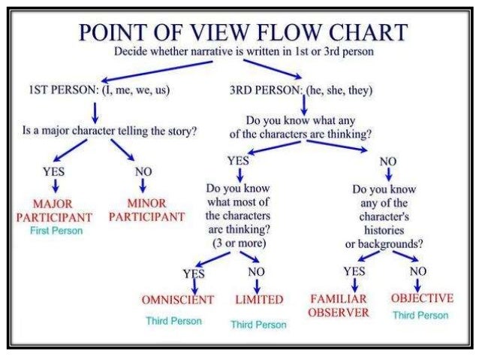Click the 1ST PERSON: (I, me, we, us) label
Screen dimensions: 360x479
pos(95,90)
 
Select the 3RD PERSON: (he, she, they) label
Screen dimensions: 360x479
pos(302,90)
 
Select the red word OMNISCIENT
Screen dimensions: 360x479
pos(178,299)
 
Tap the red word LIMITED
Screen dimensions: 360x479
pos(258,299)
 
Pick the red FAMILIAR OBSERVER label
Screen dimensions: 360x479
pos(339,305)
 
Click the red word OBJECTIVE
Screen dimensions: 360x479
pos(422,298)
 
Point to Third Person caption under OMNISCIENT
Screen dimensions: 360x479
pos(173,321)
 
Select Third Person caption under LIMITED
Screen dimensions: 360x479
pos(258,324)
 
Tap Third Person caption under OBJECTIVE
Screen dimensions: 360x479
pos(420,316)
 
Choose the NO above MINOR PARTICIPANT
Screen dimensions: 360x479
pos(143,171)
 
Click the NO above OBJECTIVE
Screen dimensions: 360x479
pos(417,271)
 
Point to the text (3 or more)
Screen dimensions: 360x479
pos(236,244)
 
